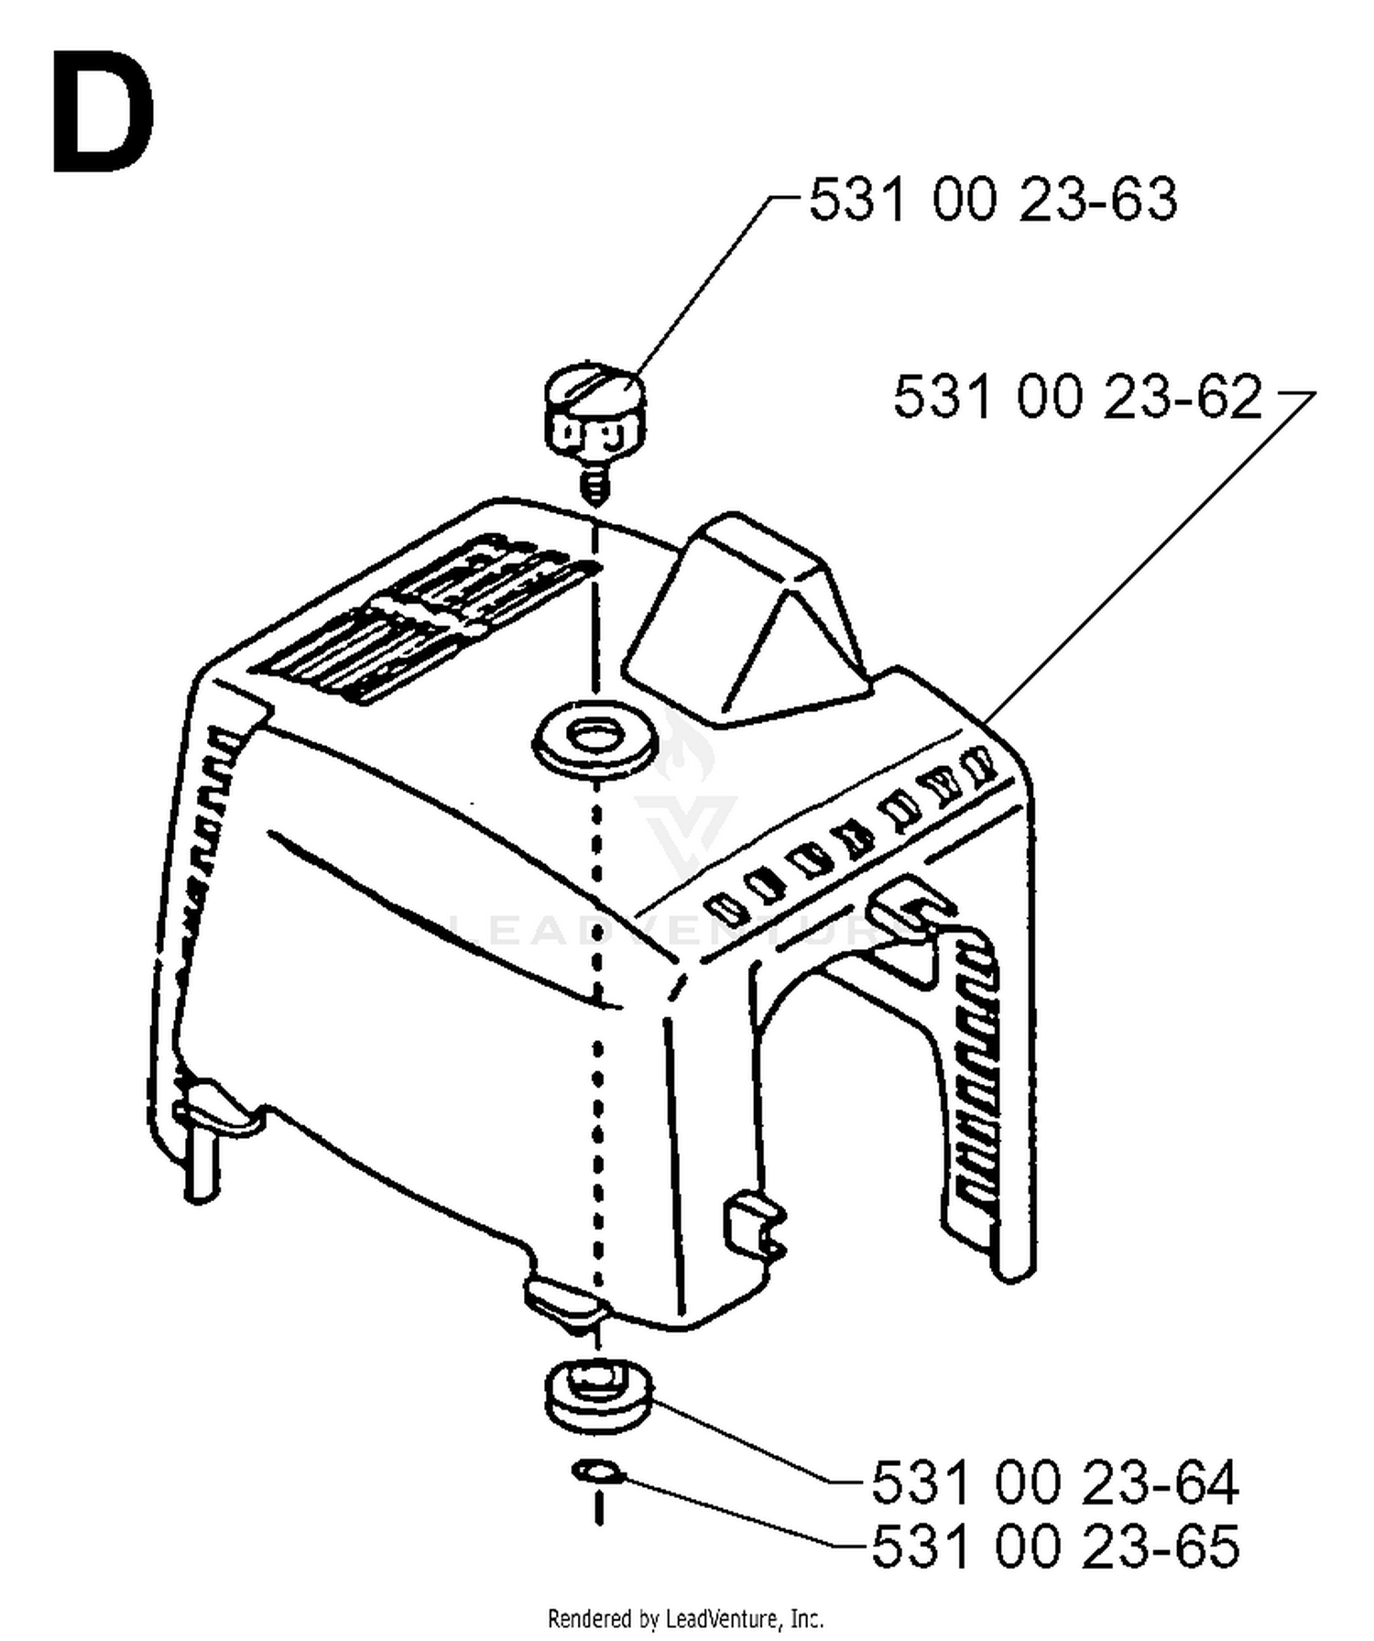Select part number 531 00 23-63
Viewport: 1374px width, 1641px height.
coord(993,199)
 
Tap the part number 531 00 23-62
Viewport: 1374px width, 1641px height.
coord(1078,397)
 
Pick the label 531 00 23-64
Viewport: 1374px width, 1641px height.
coord(1055,1482)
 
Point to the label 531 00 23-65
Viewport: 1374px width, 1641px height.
coord(1055,1547)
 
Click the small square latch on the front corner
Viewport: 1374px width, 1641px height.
coord(755,1224)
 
